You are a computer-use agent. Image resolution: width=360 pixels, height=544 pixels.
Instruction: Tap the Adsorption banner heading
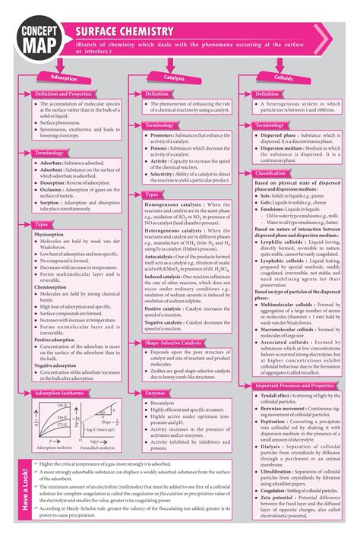click(64, 78)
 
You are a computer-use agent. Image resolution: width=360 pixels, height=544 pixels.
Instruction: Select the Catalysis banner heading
click(174, 78)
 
